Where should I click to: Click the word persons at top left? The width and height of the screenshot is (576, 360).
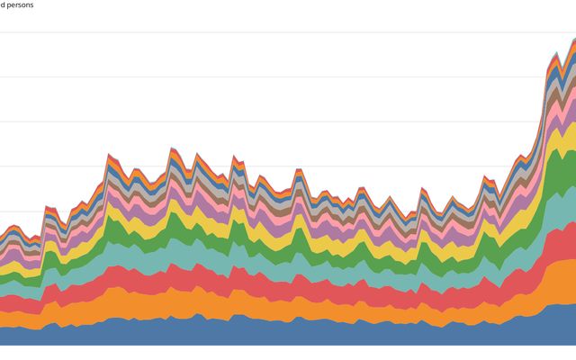(x=20, y=4)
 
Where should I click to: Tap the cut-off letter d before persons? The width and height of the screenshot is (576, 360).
(x=3, y=4)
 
